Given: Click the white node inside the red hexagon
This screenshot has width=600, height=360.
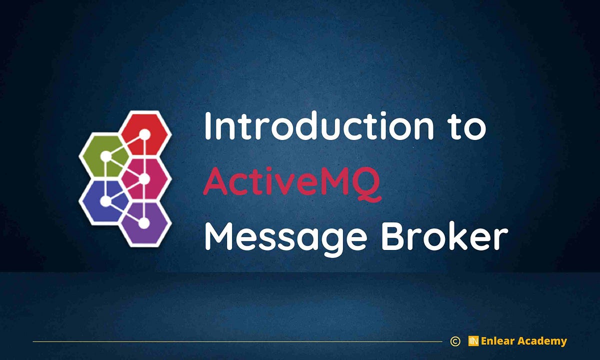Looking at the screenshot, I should pyautogui.click(x=144, y=134).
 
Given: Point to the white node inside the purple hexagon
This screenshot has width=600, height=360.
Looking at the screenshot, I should pyautogui.click(x=143, y=223).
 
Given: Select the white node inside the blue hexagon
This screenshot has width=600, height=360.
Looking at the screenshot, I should pyautogui.click(x=105, y=201).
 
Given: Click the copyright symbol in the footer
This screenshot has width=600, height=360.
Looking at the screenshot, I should pyautogui.click(x=455, y=341).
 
